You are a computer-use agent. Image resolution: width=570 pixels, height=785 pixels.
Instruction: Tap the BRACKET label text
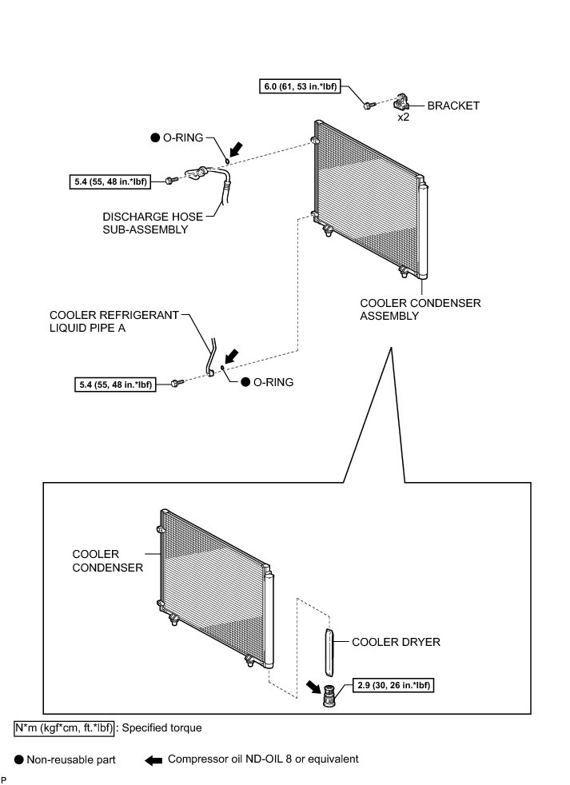pos(453,105)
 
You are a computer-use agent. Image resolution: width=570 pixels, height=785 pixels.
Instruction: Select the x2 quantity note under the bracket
pos(405,117)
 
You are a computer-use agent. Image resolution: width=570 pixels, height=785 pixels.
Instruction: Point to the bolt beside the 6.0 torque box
pos(367,105)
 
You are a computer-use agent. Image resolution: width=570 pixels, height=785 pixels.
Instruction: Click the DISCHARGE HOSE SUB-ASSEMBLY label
pos(145,222)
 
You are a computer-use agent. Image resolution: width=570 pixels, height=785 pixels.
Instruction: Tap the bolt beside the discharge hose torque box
pos(169,182)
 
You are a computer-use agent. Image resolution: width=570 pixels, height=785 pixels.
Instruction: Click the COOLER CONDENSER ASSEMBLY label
pos(409,309)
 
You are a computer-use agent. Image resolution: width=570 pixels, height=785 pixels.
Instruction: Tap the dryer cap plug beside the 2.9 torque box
pos(327,696)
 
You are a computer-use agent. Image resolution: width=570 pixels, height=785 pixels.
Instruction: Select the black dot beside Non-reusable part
pos(18,759)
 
